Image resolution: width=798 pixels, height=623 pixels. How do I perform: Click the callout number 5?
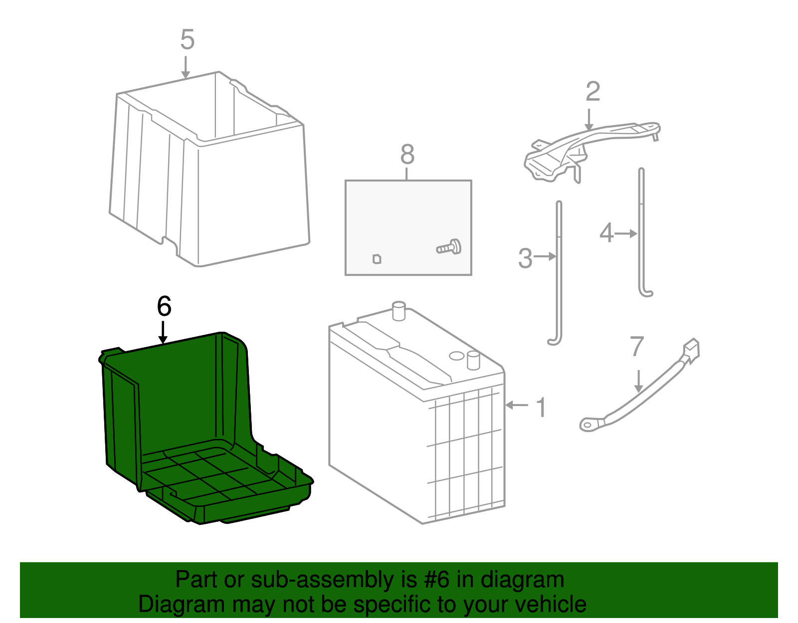point(187,39)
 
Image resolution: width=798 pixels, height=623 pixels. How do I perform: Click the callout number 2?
point(593,92)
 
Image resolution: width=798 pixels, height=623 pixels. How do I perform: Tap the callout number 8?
point(407,155)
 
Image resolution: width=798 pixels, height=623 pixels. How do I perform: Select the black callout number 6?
point(164,306)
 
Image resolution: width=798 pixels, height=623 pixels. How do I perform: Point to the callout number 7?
point(637,347)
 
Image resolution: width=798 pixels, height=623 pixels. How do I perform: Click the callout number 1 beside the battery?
point(541,407)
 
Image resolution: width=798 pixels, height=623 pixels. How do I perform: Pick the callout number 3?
point(525,258)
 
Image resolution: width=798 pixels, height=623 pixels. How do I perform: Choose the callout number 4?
point(606,233)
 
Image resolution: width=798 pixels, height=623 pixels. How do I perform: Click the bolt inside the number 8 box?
point(450,247)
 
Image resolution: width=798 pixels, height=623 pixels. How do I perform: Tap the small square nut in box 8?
point(377,259)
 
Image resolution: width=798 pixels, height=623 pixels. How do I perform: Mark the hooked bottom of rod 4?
point(646,293)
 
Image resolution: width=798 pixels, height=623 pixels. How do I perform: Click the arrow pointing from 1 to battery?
point(517,405)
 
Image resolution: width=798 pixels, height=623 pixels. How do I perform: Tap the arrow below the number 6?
point(163,333)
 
